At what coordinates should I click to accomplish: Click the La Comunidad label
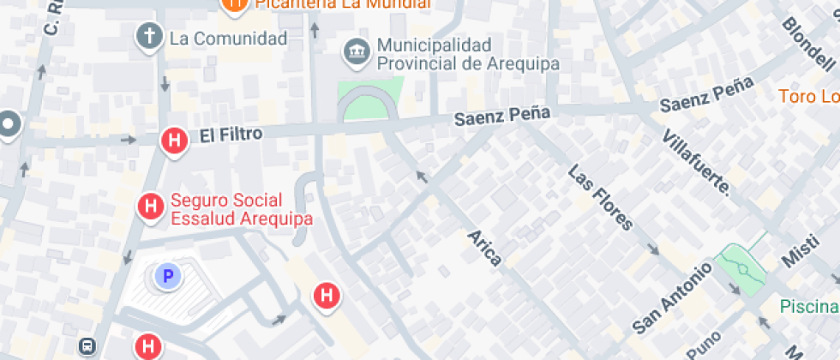click(228, 39)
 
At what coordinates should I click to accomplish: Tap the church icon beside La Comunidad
click(150, 36)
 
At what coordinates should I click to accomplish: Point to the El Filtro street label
click(231, 135)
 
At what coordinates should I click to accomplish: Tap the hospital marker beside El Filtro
click(175, 141)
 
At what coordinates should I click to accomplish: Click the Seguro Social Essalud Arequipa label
click(241, 209)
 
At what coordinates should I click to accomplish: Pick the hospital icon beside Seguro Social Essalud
click(151, 206)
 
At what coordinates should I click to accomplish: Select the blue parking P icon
click(168, 276)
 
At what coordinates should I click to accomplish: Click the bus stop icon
click(87, 346)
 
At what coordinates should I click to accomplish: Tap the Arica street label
click(484, 248)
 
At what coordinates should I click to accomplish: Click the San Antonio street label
click(672, 297)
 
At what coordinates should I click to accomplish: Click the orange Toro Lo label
click(808, 96)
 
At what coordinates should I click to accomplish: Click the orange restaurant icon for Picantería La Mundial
click(232, 3)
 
